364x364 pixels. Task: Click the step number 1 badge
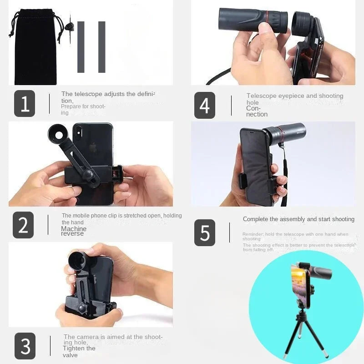coord(25,104)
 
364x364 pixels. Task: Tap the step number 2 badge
coord(23,225)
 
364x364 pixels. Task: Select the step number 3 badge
coord(25,346)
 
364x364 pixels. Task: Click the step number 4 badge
coord(204,105)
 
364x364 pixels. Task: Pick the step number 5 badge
coord(205,233)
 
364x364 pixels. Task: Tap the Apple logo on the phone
coord(93,147)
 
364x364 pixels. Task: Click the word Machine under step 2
coord(74,229)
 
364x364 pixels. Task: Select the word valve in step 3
coord(71,355)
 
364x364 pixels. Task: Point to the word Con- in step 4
coord(253,108)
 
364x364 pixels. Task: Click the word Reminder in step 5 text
coord(253,234)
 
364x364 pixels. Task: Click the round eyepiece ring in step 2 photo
coord(60,135)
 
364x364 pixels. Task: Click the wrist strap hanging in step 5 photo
coord(284,182)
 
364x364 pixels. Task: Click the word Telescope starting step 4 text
coord(261,96)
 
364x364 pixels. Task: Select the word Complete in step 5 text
coord(256,219)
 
